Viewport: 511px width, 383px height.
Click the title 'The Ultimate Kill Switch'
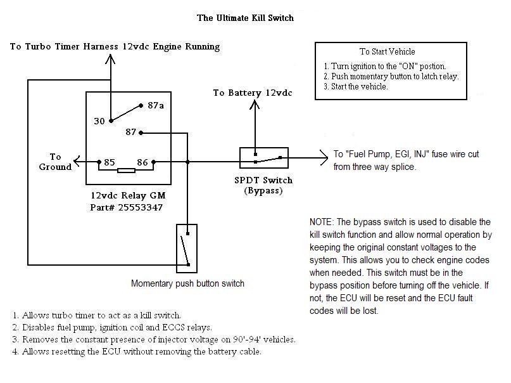pyautogui.click(x=246, y=18)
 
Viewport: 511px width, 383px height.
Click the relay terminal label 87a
pyautogui.click(x=156, y=105)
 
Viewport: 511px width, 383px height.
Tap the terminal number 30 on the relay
pyautogui.click(x=99, y=121)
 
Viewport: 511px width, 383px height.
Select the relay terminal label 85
pyautogui.click(x=110, y=162)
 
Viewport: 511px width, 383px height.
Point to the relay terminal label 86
pyautogui.click(x=142, y=162)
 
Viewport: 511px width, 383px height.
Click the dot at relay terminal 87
pyautogui.click(x=141, y=133)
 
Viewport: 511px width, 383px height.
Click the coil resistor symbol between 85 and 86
pyautogui.click(x=126, y=171)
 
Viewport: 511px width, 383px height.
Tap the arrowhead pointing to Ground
pyautogui.click(x=77, y=161)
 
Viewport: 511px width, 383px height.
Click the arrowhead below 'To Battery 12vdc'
pyautogui.click(x=255, y=105)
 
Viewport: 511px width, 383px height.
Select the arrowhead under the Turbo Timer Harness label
pyautogui.click(x=110, y=59)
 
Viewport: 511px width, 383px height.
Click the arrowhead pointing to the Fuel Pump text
pyautogui.click(x=324, y=157)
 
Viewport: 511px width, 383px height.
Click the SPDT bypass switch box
pyautogui.click(x=264, y=158)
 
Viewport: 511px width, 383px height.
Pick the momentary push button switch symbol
pyautogui.click(x=187, y=249)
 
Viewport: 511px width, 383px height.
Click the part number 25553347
pyautogui.click(x=140, y=207)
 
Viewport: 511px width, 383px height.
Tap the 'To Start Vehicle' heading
pyautogui.click(x=388, y=51)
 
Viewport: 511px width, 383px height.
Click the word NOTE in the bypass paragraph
pyautogui.click(x=322, y=222)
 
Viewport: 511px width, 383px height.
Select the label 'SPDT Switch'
pyautogui.click(x=263, y=180)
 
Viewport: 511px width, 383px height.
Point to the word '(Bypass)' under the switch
pyautogui.click(x=263, y=190)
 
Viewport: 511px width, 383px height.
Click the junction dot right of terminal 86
pyautogui.click(x=187, y=162)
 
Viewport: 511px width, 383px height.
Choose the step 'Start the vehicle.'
pyautogui.click(x=360, y=87)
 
